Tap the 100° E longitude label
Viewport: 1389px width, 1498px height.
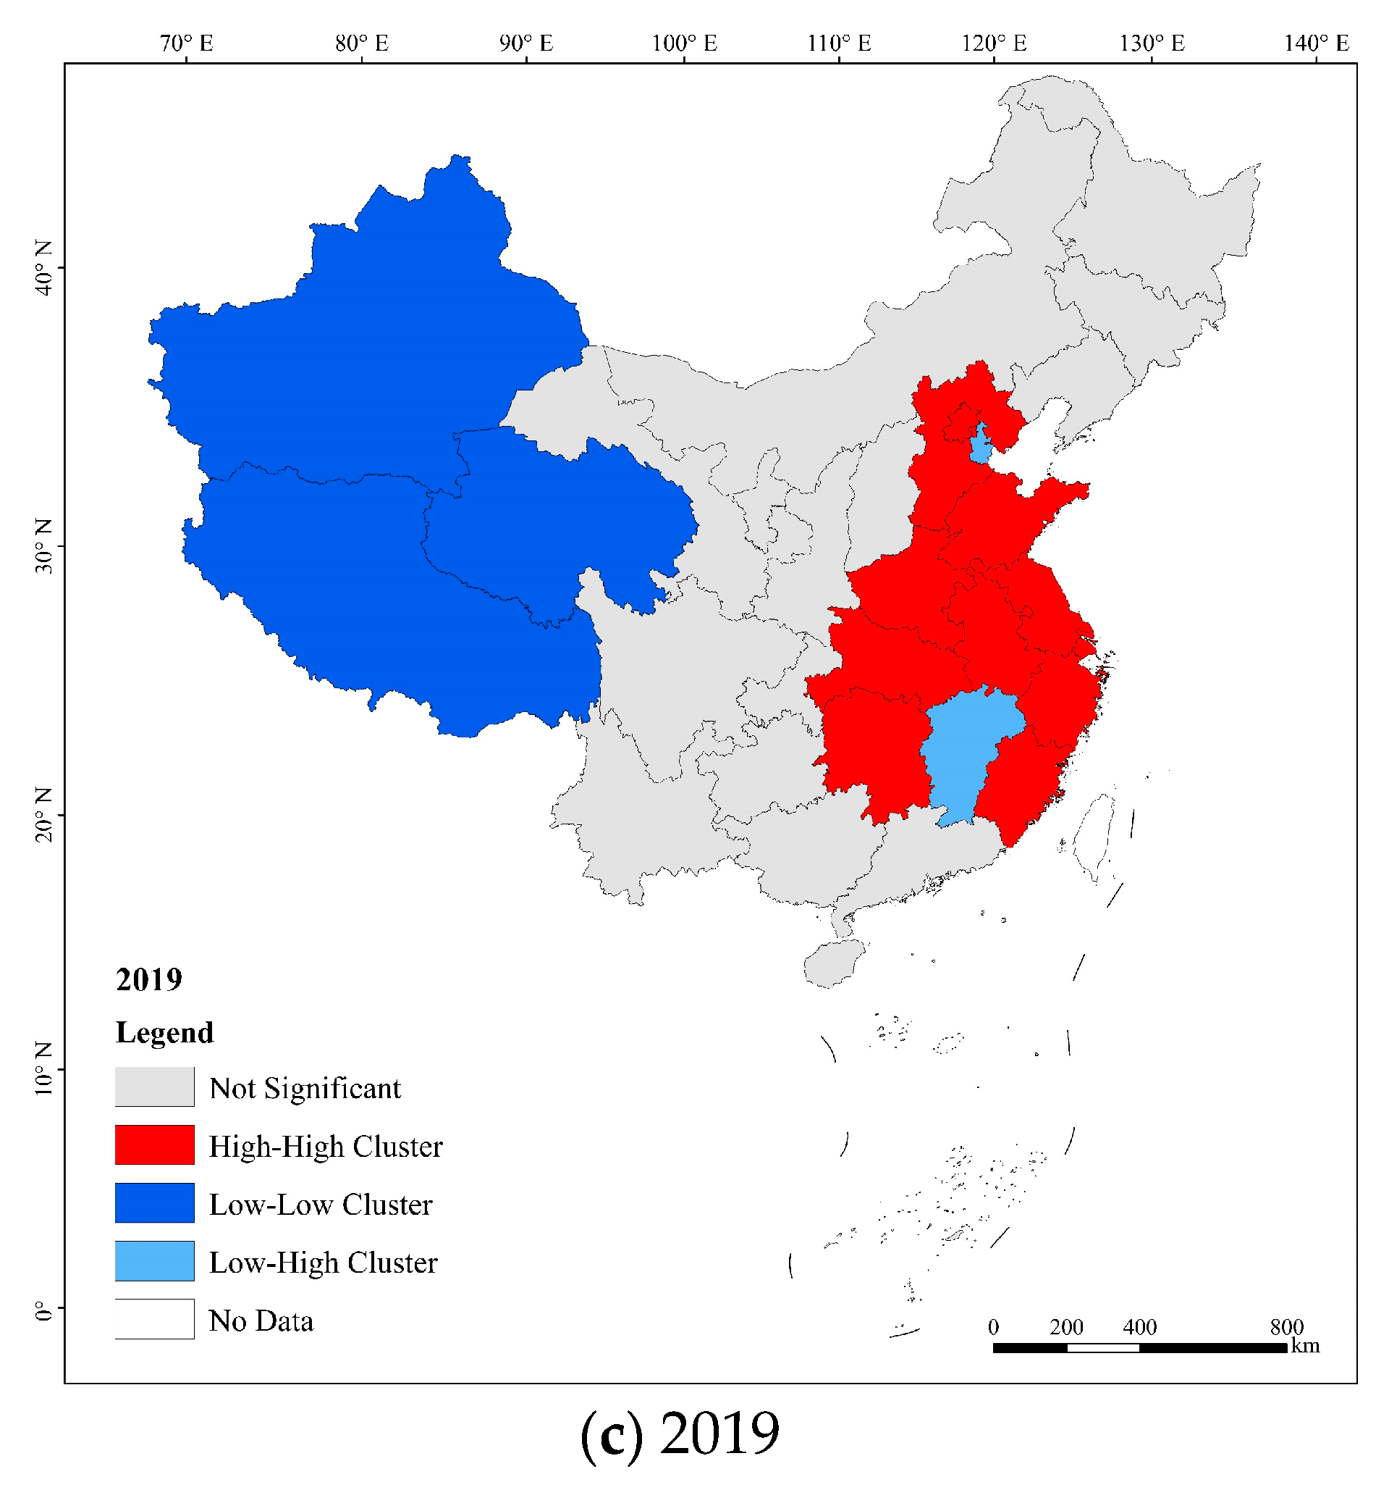[684, 43]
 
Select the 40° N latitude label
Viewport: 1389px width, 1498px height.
[44, 268]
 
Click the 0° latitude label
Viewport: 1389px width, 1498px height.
[44, 1312]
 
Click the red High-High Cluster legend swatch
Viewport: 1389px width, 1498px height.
[154, 1145]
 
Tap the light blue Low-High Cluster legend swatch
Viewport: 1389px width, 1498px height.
[154, 1261]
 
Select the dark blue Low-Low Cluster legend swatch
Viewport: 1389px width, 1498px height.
[154, 1202]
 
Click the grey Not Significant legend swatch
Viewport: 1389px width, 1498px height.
[154, 1087]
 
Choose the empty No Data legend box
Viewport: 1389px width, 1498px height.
[154, 1319]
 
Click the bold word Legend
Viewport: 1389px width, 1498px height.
[164, 1032]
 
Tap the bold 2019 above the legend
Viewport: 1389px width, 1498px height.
[149, 979]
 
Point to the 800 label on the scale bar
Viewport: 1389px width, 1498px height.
[1286, 1326]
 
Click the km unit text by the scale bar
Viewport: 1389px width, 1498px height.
[1305, 1345]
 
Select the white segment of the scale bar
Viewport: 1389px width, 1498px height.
[1102, 1347]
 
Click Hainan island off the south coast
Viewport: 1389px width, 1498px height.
[832, 963]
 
